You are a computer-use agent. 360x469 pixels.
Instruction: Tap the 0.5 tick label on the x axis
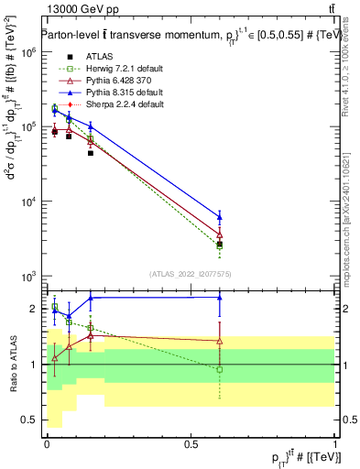coord(191,444)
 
